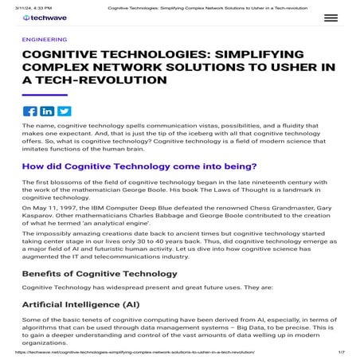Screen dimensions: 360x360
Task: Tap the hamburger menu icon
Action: point(330,18)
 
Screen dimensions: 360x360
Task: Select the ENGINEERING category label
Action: point(45,38)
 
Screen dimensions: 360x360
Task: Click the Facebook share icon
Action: point(30,111)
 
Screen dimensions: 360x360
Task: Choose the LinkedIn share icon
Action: point(47,111)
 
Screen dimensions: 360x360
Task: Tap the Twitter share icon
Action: point(64,111)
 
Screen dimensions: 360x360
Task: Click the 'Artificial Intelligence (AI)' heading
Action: point(84,304)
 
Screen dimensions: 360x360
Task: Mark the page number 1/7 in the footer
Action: point(341,351)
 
